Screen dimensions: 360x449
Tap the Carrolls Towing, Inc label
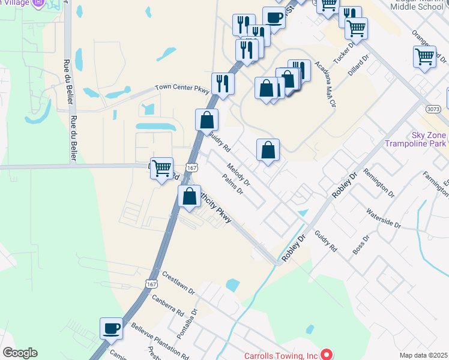pos(281,355)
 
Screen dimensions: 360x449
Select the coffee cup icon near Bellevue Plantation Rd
pos(111,328)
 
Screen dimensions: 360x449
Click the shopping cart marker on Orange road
pos(424,58)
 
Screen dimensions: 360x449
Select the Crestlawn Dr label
pos(178,281)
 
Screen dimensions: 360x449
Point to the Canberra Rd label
pos(167,304)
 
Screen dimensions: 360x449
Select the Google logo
pos(19,353)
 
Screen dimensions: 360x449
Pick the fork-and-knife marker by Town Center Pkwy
pos(221,85)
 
